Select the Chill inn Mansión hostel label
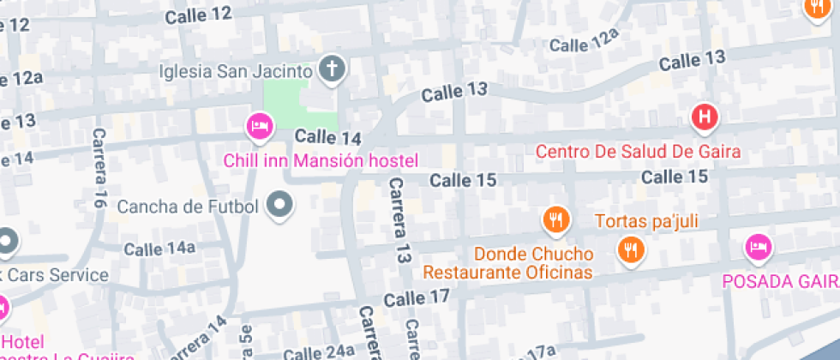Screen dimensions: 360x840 321,160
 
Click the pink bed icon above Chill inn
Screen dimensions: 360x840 259,129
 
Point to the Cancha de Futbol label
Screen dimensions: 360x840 188,206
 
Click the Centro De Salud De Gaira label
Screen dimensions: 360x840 638,152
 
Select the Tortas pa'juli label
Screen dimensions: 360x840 647,221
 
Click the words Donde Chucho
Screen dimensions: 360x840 533,254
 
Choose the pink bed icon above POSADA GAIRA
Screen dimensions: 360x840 758,248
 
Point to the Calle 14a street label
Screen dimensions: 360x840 160,249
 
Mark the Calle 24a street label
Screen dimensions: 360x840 319,351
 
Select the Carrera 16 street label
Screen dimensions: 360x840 100,168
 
